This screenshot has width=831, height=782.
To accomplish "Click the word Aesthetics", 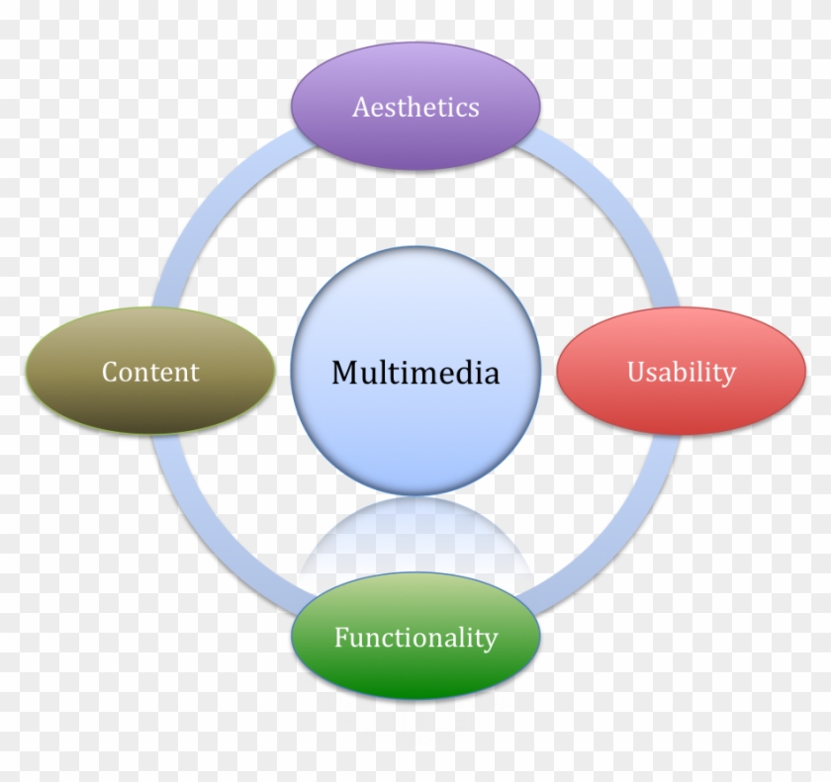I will click(x=415, y=107).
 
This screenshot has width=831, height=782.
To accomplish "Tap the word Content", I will click(x=150, y=372).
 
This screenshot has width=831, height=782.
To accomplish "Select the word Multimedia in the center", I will click(x=415, y=373).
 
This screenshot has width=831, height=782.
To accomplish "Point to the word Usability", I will click(x=682, y=372).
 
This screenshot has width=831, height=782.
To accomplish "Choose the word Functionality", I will click(x=415, y=638).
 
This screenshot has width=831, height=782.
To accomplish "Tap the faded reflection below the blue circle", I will click(x=415, y=534).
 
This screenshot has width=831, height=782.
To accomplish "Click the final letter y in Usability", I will click(x=728, y=376).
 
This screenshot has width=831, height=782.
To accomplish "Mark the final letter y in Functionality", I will click(x=490, y=642).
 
